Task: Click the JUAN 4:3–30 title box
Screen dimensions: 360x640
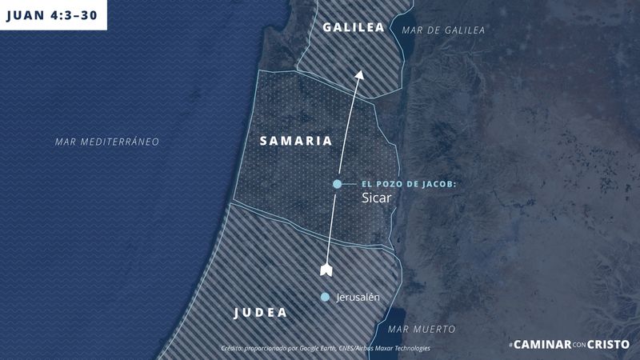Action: coord(53,14)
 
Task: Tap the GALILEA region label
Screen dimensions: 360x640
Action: coord(354,27)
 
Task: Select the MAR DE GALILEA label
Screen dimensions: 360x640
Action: coord(443,30)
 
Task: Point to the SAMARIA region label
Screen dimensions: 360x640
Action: coord(295,141)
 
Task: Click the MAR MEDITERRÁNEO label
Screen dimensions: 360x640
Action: coord(107,141)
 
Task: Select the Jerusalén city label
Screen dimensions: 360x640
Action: coord(358,298)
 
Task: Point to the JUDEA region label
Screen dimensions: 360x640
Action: coord(260,313)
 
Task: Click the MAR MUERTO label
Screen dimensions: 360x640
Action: coord(421,329)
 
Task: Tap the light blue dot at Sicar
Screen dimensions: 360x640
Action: coord(338,185)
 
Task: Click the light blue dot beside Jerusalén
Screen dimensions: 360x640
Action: coord(324,298)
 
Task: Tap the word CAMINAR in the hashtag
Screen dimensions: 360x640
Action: coord(541,344)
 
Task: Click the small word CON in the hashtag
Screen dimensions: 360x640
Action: coord(579,345)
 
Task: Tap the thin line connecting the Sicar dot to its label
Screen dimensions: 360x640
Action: coord(349,185)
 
